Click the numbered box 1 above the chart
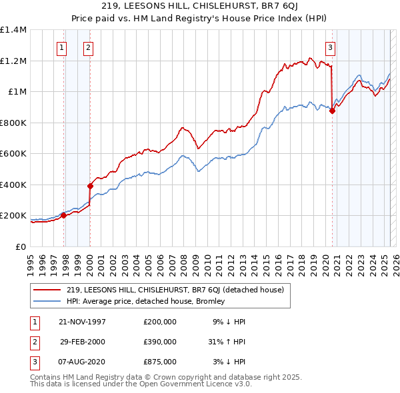click(61, 47)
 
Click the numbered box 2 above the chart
click(88, 47)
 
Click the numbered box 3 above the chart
click(329, 47)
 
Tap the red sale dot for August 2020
click(332, 111)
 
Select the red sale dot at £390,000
click(90, 187)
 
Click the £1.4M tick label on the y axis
click(13, 30)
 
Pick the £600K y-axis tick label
click(13, 154)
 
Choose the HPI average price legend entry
click(146, 301)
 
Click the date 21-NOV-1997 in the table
click(83, 322)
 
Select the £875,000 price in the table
click(159, 362)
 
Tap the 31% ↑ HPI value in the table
click(227, 342)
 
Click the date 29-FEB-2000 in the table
click(83, 342)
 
